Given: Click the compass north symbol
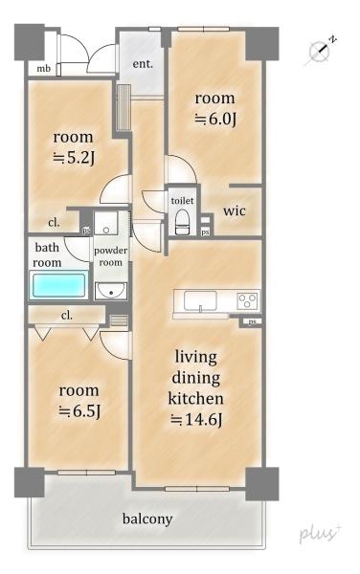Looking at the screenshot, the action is tap(319, 52).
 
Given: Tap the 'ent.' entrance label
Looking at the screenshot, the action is tap(143, 64).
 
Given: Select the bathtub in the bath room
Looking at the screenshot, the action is tap(58, 285).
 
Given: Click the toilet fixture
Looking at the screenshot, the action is tap(182, 222).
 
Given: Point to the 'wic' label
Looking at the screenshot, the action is tap(235, 210).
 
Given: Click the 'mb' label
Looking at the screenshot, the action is tap(43, 69).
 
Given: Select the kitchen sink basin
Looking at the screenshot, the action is tap(200, 301).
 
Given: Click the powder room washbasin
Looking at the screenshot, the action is tap(111, 291).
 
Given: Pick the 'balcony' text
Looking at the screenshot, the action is tap(147, 519).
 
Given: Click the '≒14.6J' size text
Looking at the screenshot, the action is tap(196, 420).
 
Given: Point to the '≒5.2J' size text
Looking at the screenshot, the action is tap(75, 158).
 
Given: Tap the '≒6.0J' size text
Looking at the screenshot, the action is tap(215, 119).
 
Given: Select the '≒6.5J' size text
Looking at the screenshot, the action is tap(79, 411).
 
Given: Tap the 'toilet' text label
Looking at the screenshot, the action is tap(182, 200).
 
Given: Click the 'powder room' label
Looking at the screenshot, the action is tap(111, 256).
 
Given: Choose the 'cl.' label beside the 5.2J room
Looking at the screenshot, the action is tap(54, 222).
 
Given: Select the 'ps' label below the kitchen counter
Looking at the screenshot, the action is tap(252, 321).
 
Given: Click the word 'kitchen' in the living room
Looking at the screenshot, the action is tap(195, 398).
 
